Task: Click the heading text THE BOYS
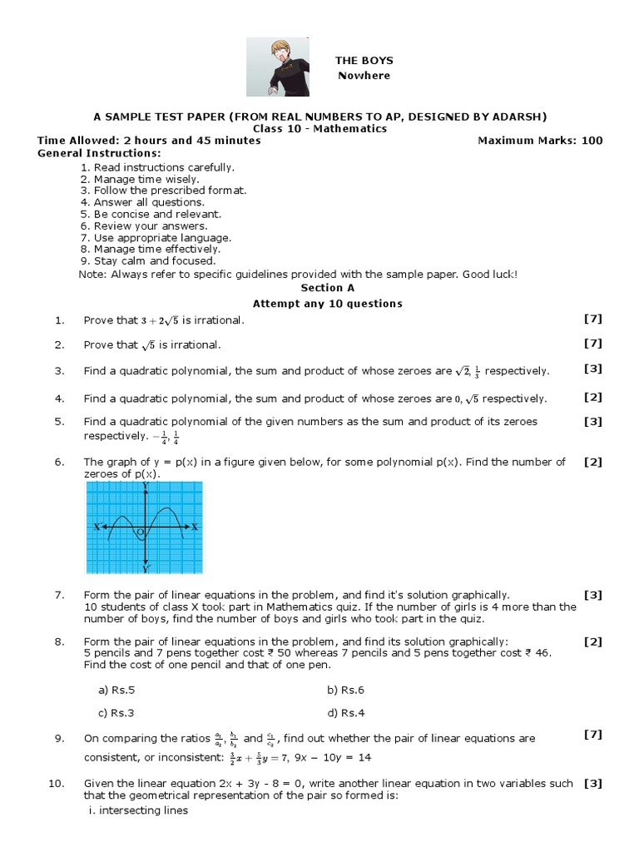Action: coord(364,61)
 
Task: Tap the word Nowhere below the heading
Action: coord(364,76)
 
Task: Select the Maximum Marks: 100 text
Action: coord(540,141)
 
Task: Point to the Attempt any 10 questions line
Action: coord(327,304)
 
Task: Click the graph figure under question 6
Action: coord(145,528)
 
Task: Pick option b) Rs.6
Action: coord(346,690)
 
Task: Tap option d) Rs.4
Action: coord(346,712)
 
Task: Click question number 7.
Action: coord(59,595)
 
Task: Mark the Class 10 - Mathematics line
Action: coord(319,129)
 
